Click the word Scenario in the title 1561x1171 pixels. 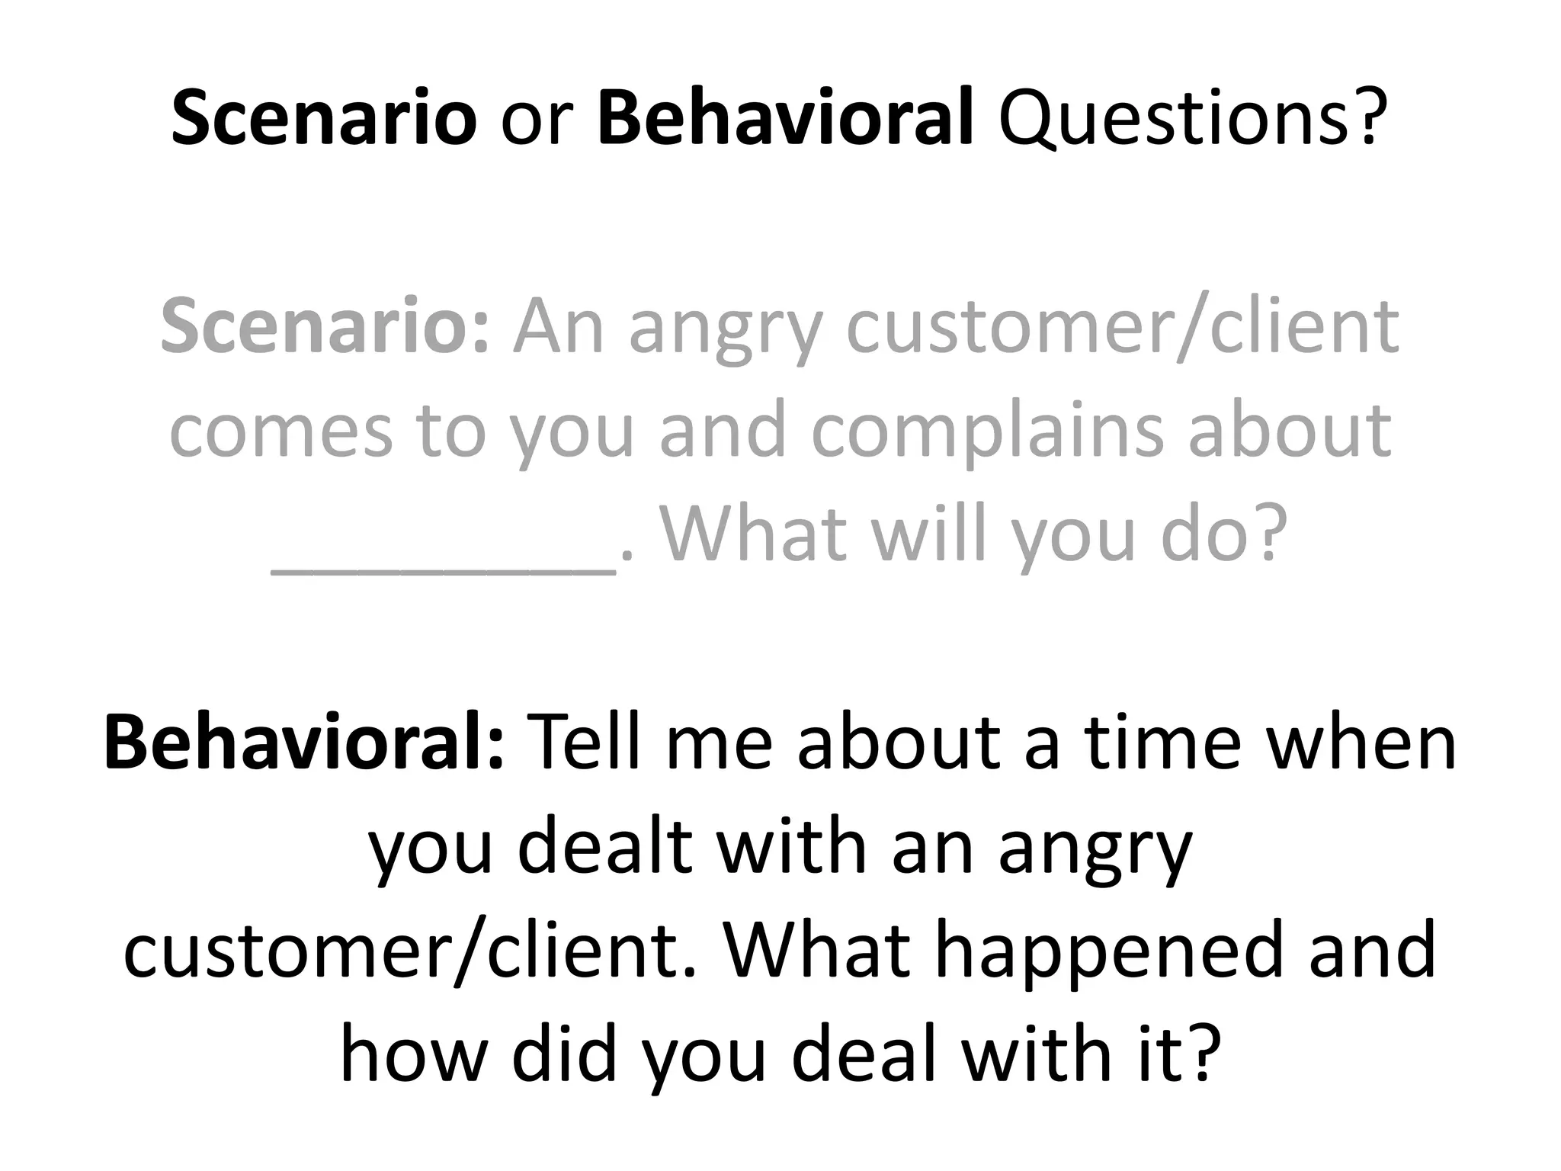324,119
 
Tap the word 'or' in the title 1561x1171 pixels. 537,122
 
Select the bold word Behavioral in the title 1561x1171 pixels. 786,119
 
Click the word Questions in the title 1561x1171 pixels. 1190,119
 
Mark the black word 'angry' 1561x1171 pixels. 1095,854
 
